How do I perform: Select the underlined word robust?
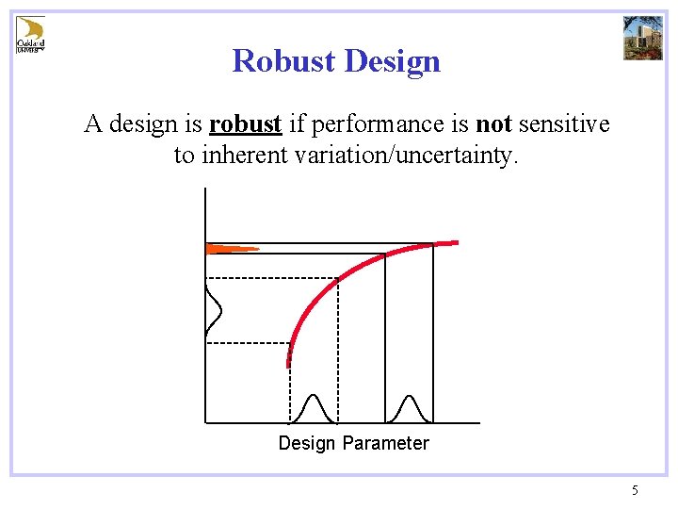(x=245, y=124)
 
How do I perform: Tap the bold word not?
(x=493, y=124)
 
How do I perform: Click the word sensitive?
(x=563, y=124)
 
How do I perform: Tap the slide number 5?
(x=635, y=490)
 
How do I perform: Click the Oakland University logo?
(x=30, y=35)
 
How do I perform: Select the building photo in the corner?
(x=643, y=38)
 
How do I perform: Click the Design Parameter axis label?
(x=353, y=443)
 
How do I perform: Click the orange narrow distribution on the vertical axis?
(x=229, y=249)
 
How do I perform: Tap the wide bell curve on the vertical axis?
(x=213, y=311)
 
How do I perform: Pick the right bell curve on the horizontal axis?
(x=409, y=410)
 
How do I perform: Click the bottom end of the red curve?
(x=289, y=363)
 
